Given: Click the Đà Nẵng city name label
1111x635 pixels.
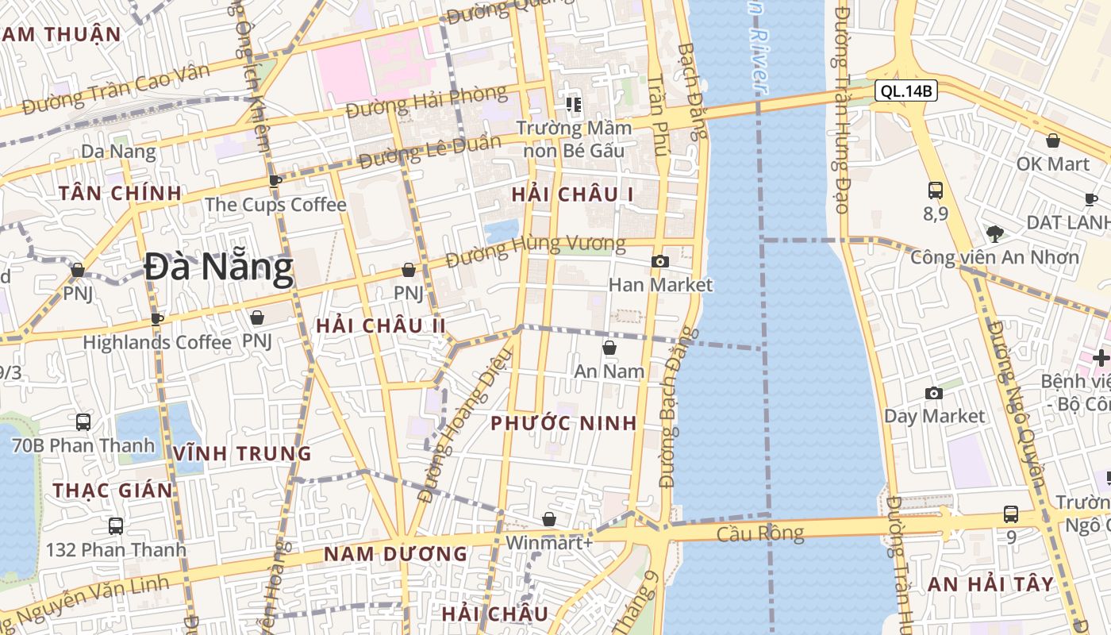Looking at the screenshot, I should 219,268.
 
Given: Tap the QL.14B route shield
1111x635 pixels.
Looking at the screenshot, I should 906,91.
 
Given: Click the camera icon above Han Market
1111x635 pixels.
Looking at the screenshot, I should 659,261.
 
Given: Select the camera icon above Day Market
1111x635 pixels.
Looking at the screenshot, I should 934,393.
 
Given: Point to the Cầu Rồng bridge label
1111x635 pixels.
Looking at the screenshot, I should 760,533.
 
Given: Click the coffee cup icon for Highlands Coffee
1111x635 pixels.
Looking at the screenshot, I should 157,319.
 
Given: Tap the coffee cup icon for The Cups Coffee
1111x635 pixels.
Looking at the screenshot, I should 275,181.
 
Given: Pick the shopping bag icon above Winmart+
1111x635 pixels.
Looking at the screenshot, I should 549,520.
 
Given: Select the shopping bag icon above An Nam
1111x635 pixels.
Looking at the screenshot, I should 609,348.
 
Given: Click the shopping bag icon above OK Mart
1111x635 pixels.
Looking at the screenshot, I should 1053,141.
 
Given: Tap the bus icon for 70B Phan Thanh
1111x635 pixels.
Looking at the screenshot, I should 83,422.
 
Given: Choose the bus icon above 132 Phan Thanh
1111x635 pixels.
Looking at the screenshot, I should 116,525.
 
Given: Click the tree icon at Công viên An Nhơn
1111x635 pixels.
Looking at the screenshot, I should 994,233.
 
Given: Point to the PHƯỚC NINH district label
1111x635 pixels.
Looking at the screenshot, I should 563,423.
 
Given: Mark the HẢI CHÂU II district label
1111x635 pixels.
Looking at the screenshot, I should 380,325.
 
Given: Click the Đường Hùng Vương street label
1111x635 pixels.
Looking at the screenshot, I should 535,250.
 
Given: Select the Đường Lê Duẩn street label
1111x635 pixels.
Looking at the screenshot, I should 429,152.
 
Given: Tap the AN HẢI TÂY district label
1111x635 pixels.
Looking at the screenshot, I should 990,585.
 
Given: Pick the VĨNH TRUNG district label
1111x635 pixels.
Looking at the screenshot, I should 242,454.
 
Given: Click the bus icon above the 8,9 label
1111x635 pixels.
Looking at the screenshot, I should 936,190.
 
